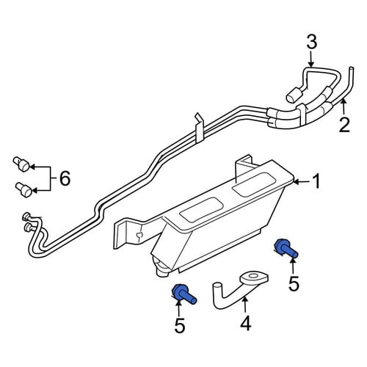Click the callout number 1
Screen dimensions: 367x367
pyautogui.click(x=316, y=181)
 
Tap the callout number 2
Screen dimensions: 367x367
pyautogui.click(x=344, y=125)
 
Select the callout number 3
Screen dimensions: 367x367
pyautogui.click(x=312, y=42)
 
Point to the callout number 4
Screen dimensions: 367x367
pyautogui.click(x=246, y=324)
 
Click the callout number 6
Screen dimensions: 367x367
pyautogui.click(x=65, y=178)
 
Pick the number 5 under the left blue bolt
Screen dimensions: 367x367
pyautogui.click(x=180, y=326)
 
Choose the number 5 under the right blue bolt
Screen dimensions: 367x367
pyautogui.click(x=294, y=284)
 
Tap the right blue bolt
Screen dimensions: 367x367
pyautogui.click(x=286, y=249)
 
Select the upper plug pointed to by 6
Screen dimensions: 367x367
pyautogui.click(x=21, y=164)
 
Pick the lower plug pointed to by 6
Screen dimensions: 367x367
pyautogui.click(x=23, y=189)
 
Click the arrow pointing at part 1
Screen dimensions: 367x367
pyautogui.click(x=301, y=182)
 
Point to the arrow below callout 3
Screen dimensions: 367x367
pyautogui.click(x=310, y=59)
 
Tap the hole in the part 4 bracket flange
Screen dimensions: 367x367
pyautogui.click(x=253, y=276)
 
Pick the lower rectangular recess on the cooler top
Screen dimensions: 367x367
pyautogui.click(x=201, y=210)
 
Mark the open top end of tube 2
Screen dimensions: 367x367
pyautogui.click(x=352, y=68)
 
